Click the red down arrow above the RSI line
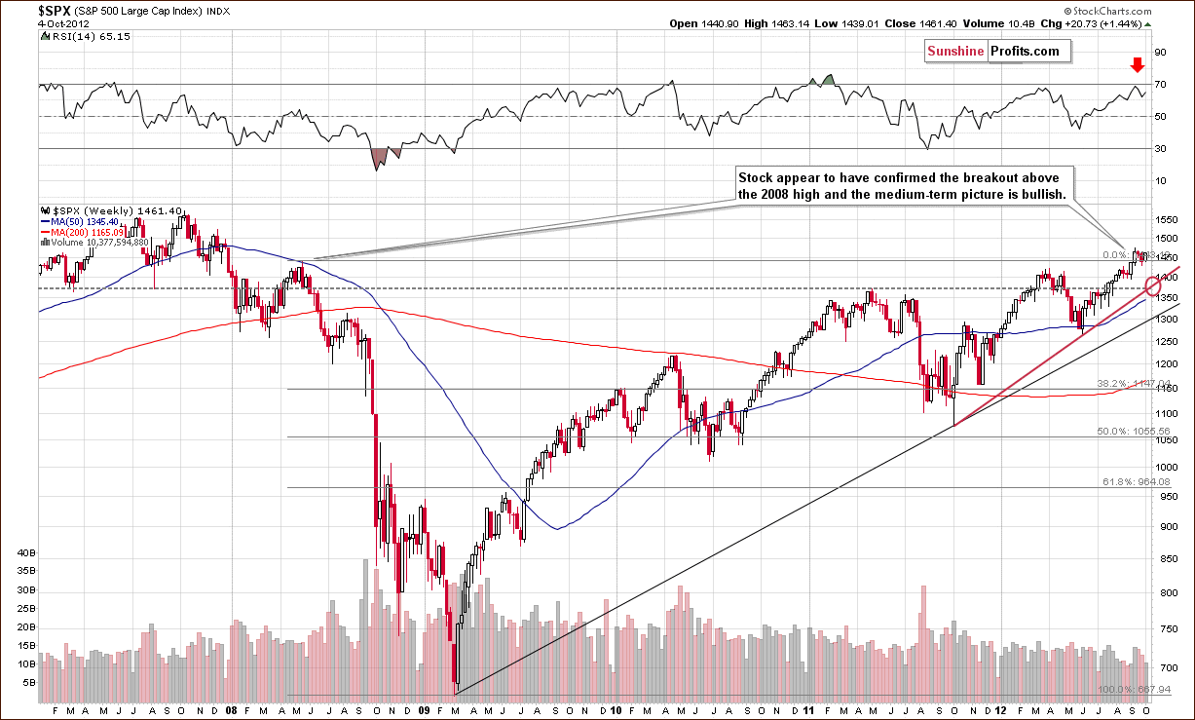(x=1136, y=65)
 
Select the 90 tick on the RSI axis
(x=1160, y=52)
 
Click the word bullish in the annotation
(x=1042, y=194)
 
